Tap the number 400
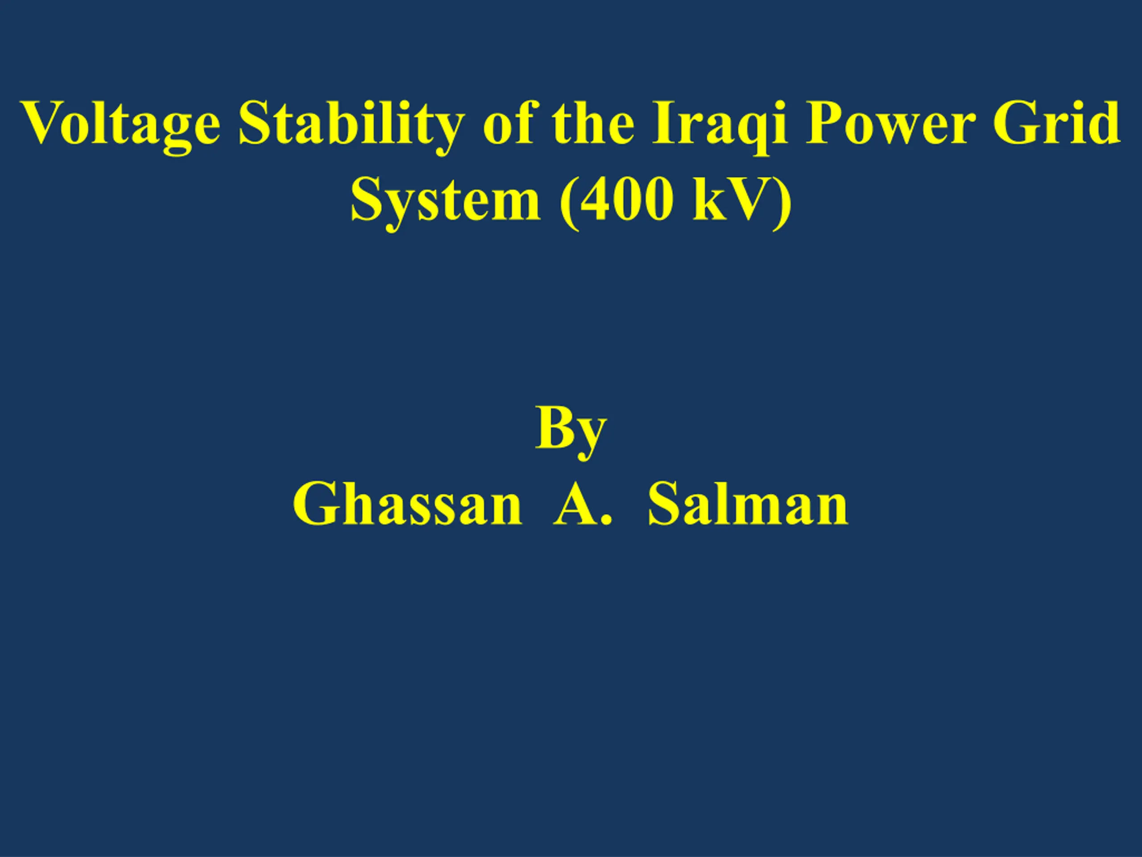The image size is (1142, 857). (626, 199)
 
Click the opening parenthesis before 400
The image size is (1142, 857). (567, 202)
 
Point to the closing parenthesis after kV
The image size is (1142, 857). (782, 202)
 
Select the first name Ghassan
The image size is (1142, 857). (407, 503)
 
